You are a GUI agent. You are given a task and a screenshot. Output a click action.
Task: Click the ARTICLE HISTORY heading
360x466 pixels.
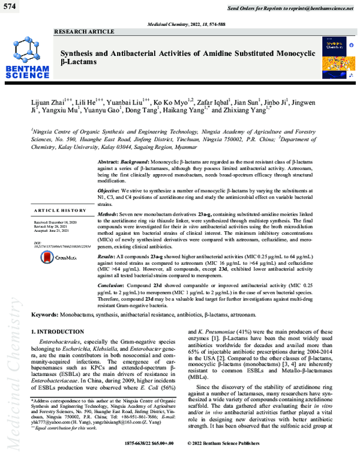click(x=61, y=211)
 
